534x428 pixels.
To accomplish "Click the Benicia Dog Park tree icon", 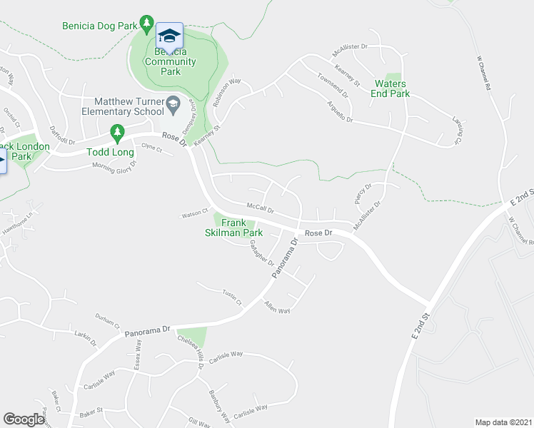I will point(146,26).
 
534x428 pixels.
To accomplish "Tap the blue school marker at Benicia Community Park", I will point(169,36).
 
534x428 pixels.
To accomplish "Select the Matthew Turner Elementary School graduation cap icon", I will point(173,106).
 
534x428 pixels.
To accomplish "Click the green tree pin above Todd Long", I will point(116,133).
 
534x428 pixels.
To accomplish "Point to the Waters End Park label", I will point(392,88).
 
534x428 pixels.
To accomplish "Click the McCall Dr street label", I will point(260,208).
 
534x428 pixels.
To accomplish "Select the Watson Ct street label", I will point(193,211).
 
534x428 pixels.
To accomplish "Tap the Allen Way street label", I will point(277,307).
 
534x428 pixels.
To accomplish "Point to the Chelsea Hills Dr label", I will point(192,351).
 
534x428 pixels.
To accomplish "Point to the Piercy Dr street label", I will point(363,193).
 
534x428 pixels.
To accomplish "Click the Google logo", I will point(24,419).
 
